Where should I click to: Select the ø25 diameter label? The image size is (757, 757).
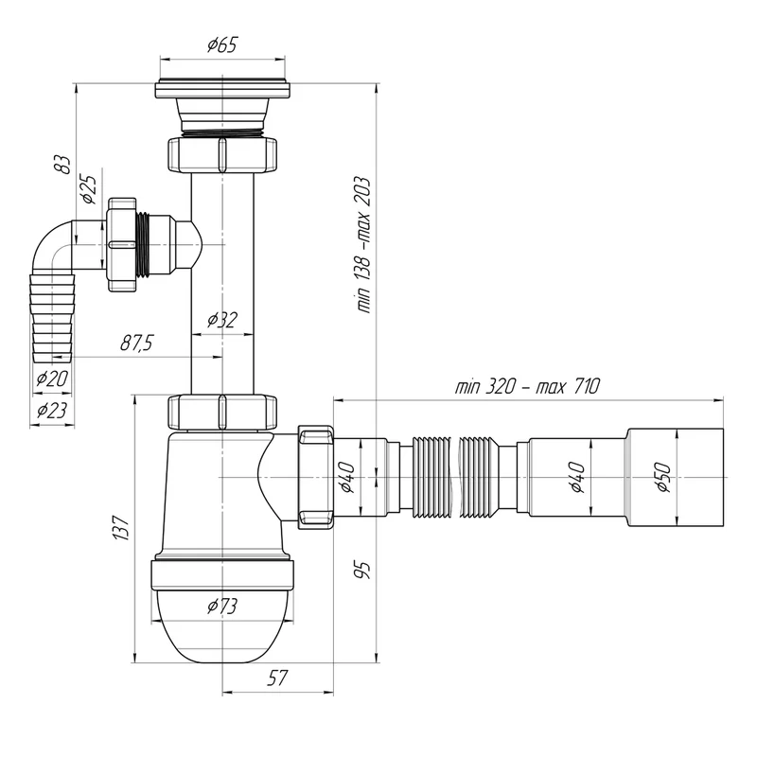(89, 188)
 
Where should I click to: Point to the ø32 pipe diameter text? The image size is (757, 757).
(221, 321)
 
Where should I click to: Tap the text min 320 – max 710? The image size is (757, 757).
(527, 387)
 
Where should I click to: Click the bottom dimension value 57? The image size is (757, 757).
(277, 678)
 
